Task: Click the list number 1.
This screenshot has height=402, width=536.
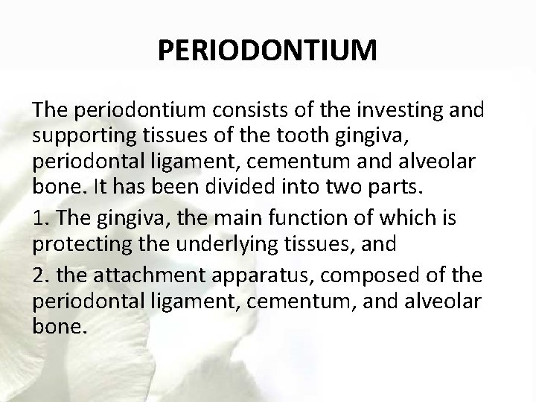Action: click(41, 218)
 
